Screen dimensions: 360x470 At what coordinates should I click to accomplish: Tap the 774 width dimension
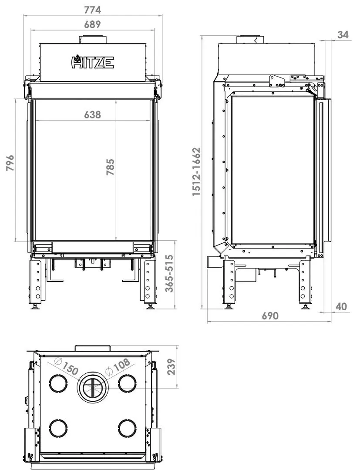pos(92,10)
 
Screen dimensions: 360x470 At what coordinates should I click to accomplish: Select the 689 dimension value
pos(92,24)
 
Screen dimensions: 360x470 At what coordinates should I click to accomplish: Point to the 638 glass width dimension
pos(92,114)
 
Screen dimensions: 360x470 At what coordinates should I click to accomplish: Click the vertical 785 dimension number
pos(110,167)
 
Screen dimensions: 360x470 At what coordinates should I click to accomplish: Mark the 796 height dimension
pos(10,163)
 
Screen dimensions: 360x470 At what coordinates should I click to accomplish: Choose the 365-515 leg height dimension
pos(169,273)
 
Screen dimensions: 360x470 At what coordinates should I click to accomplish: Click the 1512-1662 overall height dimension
pos(196,171)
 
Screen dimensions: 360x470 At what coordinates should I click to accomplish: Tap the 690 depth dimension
pos(270,316)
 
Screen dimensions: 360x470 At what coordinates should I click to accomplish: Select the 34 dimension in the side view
pos(343,35)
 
